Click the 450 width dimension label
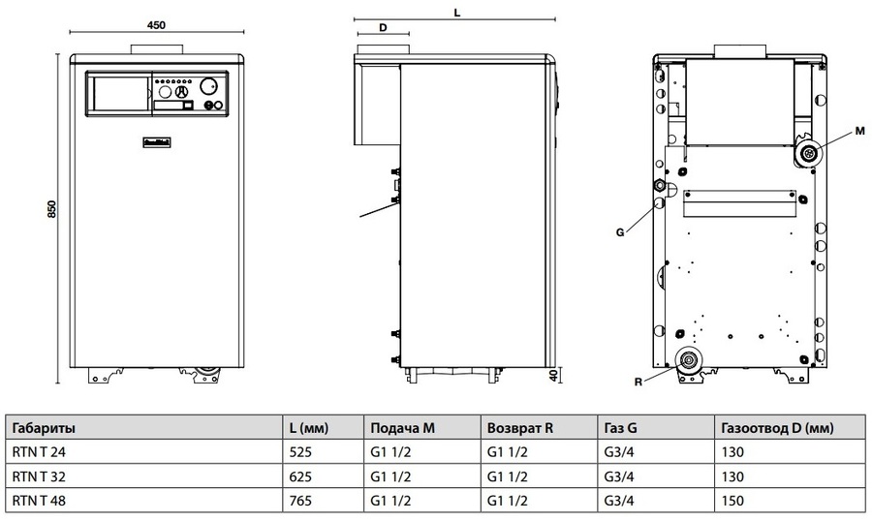point(155,25)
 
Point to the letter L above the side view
point(455,13)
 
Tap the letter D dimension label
point(383,28)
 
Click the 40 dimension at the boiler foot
point(552,375)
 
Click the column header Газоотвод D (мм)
point(778,427)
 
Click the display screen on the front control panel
point(118,94)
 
